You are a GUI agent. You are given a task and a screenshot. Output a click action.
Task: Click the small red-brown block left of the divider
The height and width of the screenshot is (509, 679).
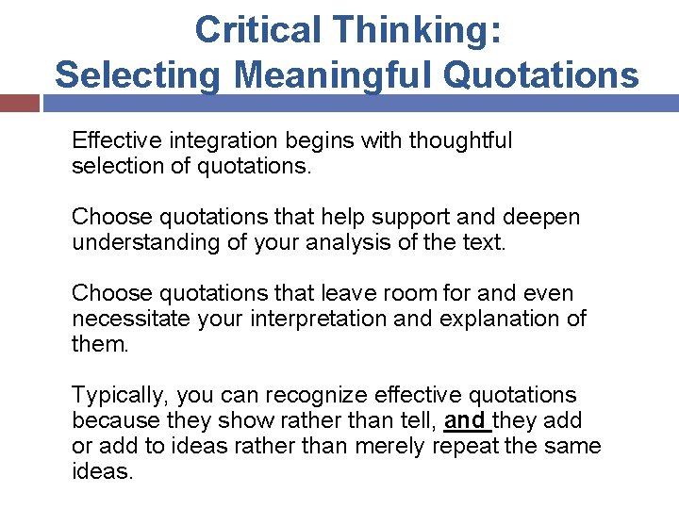(x=19, y=102)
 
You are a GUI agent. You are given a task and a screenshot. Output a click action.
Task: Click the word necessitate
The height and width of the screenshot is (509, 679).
(x=131, y=319)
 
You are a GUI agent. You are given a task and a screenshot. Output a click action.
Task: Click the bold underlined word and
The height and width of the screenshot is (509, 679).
(x=465, y=420)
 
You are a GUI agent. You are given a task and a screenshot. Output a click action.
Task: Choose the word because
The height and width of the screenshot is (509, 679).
(x=115, y=420)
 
